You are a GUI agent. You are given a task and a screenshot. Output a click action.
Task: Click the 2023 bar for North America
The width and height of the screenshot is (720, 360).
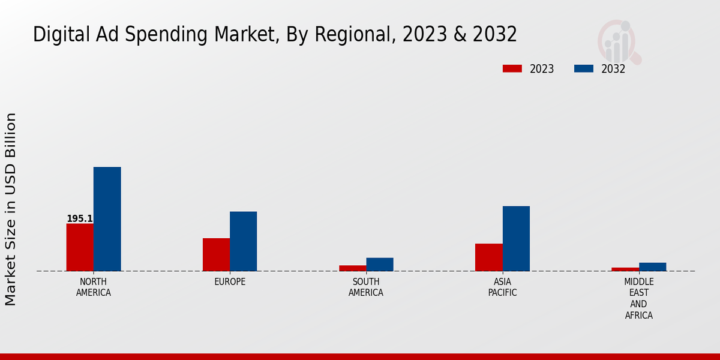(x=80, y=247)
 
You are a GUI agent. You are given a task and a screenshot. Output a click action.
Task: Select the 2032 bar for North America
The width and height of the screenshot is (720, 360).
(x=107, y=219)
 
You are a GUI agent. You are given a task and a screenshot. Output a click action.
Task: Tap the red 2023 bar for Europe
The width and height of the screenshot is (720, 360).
(x=216, y=254)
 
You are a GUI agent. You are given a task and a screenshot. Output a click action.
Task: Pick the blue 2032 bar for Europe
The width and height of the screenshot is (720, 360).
(x=243, y=241)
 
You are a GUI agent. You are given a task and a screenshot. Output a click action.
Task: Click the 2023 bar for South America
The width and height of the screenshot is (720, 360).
(x=352, y=268)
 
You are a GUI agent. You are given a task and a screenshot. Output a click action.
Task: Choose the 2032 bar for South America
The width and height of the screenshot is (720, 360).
(x=380, y=265)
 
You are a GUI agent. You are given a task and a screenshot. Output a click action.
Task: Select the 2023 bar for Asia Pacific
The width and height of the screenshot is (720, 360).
(x=488, y=257)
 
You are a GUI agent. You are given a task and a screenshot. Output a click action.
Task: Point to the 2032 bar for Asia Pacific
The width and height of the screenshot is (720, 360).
(x=516, y=239)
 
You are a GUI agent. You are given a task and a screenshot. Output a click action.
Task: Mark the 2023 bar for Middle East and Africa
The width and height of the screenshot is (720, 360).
(x=625, y=269)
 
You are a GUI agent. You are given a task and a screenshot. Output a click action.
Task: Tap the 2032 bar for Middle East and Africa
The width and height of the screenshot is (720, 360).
(x=652, y=267)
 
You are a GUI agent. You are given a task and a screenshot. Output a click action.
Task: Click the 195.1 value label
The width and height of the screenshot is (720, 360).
(x=79, y=219)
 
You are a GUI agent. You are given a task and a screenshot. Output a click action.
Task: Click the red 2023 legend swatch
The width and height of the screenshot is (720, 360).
(x=512, y=68)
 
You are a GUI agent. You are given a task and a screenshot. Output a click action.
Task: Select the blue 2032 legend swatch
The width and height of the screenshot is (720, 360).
(x=583, y=68)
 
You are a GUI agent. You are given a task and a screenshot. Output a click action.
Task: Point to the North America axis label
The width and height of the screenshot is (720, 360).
(x=94, y=287)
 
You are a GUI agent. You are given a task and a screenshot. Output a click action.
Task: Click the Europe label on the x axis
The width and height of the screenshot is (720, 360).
(x=230, y=282)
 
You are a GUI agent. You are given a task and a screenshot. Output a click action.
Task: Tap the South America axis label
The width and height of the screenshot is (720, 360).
(x=366, y=287)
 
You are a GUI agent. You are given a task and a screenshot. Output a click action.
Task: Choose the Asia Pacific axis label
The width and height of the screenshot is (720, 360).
(x=502, y=287)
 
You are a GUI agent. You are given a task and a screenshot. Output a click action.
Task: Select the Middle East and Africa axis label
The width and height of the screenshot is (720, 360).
(x=639, y=298)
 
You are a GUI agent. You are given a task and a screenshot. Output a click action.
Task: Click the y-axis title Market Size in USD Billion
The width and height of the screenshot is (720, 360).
(x=11, y=209)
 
